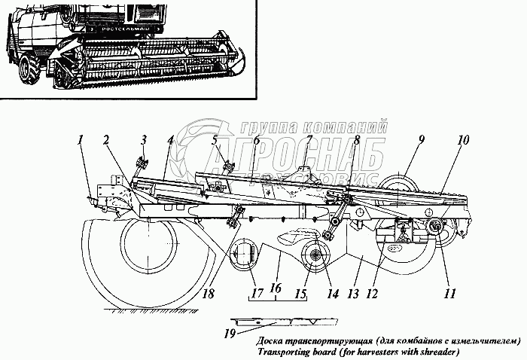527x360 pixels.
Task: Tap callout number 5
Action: click(x=215, y=139)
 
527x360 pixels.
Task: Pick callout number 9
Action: click(x=422, y=139)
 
